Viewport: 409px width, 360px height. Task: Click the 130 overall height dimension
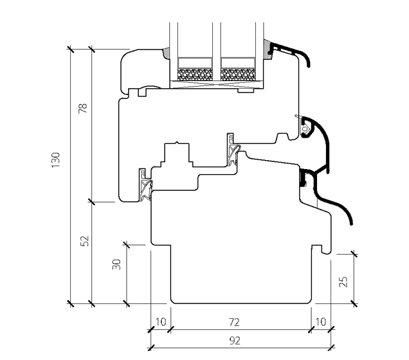[56, 159]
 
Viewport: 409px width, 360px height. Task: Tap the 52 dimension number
[83, 241]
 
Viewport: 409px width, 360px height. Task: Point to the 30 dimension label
[116, 264]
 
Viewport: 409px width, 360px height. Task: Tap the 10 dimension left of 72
[160, 321]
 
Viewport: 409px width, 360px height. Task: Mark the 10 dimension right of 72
[320, 321]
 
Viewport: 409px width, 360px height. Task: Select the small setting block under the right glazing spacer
[245, 89]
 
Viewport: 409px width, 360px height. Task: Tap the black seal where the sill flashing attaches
[302, 180]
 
